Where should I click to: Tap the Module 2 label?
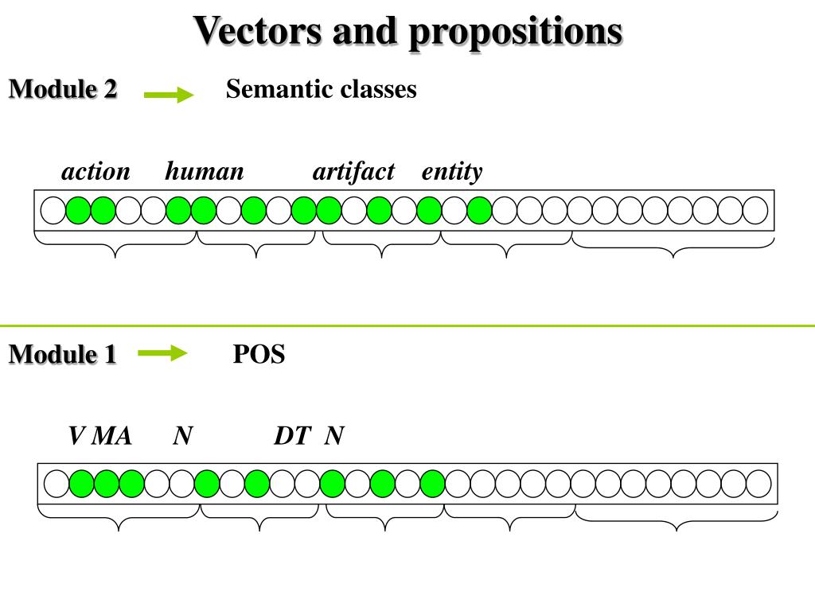pyautogui.click(x=63, y=90)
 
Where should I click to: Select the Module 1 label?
pyautogui.click(x=63, y=354)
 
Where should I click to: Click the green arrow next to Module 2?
pyautogui.click(x=169, y=95)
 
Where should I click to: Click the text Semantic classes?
pyautogui.click(x=322, y=89)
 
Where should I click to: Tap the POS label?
pyautogui.click(x=259, y=354)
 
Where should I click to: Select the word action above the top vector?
pyautogui.click(x=96, y=172)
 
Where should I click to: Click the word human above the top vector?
pyautogui.click(x=205, y=172)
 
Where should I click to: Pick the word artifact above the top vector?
pyautogui.click(x=353, y=172)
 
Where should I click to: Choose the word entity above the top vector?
pyautogui.click(x=452, y=172)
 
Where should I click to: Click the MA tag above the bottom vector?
pyautogui.click(x=112, y=436)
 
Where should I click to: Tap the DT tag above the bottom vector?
pyautogui.click(x=291, y=436)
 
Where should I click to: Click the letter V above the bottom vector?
pyautogui.click(x=76, y=436)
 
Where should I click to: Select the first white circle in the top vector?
pyautogui.click(x=53, y=210)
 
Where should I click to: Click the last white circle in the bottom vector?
pyautogui.click(x=758, y=483)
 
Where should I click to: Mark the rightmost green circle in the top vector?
pyautogui.click(x=479, y=210)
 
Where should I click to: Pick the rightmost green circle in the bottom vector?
pyautogui.click(x=432, y=483)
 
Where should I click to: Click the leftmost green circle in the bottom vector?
pyautogui.click(x=81, y=483)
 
